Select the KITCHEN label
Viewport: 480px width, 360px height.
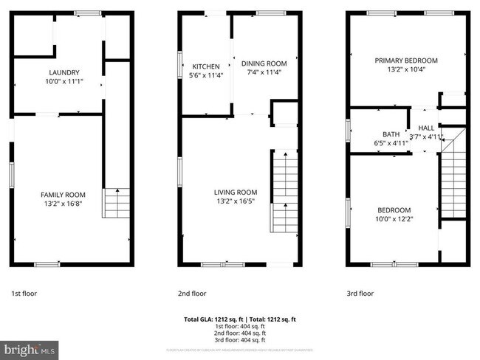coord(206,66)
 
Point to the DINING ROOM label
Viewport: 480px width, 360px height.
coord(264,63)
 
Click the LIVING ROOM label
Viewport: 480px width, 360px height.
coord(236,193)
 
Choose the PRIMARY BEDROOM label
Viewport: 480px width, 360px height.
coord(405,60)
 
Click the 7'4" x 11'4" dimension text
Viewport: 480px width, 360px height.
coord(264,72)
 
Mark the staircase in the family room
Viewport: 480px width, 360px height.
coord(116,203)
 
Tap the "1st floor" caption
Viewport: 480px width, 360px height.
coord(24,293)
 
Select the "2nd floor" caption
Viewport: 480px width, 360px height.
coord(193,293)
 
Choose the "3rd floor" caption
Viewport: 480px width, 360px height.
coord(360,293)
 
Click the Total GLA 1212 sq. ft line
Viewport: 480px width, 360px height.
coord(239,319)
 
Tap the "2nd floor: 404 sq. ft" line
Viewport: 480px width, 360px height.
coord(239,332)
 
